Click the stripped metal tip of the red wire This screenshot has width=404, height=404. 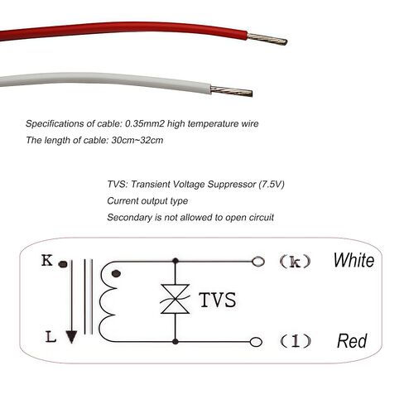pyautogui.click(x=267, y=39)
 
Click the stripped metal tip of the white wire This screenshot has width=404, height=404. pyautogui.click(x=231, y=91)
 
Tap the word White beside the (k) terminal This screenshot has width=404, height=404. pyautogui.click(x=353, y=260)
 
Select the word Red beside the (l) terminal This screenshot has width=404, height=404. pyautogui.click(x=352, y=341)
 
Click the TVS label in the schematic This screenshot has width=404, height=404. pyautogui.click(x=218, y=300)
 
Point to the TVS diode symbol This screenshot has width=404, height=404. pyautogui.click(x=175, y=299)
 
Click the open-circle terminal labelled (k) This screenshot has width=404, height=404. pyautogui.click(x=258, y=261)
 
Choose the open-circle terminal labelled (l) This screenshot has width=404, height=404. pyautogui.click(x=256, y=342)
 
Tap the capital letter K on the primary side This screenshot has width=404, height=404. pyautogui.click(x=47, y=260)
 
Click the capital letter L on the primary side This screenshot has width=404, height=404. pyautogui.click(x=50, y=337)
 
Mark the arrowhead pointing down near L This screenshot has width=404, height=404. pyautogui.click(x=71, y=337)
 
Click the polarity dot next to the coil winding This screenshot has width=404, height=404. pyautogui.click(x=116, y=274)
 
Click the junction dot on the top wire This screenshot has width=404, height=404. pyautogui.click(x=175, y=261)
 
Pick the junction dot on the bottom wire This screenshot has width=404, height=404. pyautogui.click(x=175, y=342)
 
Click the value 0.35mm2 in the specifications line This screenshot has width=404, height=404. pyautogui.click(x=145, y=123)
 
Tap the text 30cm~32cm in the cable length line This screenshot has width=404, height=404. pyautogui.click(x=137, y=140)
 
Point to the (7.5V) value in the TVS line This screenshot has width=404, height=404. pyautogui.click(x=272, y=185)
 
